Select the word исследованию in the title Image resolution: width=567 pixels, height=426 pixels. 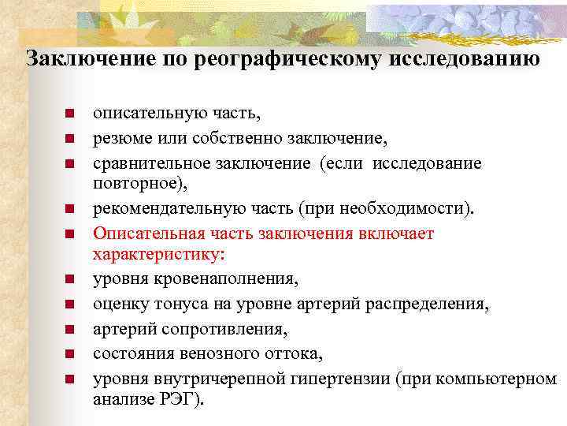point(464,60)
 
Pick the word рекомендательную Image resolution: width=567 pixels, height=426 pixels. point(157,209)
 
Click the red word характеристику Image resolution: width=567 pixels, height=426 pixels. point(157,254)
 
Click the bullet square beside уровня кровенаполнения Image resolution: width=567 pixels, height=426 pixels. point(69,278)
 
